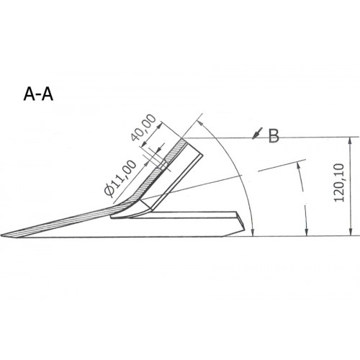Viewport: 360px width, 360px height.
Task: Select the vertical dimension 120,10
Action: coord(341,186)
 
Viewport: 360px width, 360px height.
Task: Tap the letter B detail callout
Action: coord(273,136)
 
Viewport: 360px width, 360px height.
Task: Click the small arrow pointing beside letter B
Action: coord(256,133)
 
